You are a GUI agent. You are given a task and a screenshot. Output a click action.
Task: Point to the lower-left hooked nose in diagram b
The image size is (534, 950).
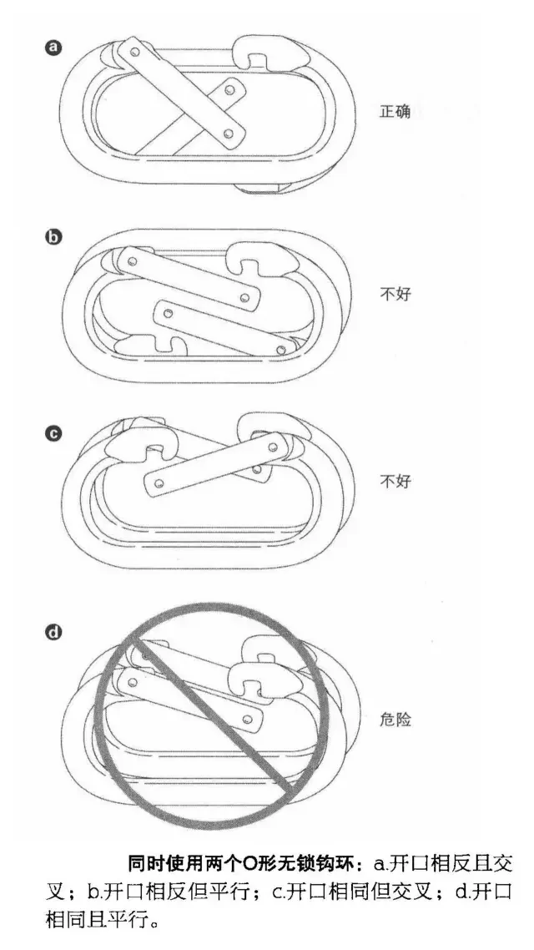click(x=151, y=346)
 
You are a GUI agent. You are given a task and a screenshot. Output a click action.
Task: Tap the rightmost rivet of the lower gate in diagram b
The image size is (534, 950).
click(x=281, y=350)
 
